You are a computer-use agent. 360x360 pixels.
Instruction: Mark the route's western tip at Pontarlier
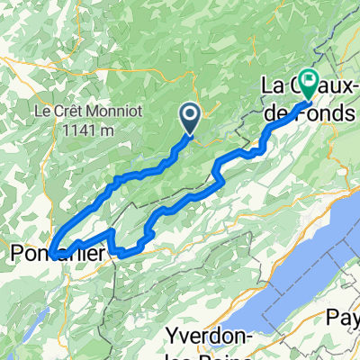[51, 253]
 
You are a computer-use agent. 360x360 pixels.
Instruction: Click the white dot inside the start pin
[191, 112]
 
